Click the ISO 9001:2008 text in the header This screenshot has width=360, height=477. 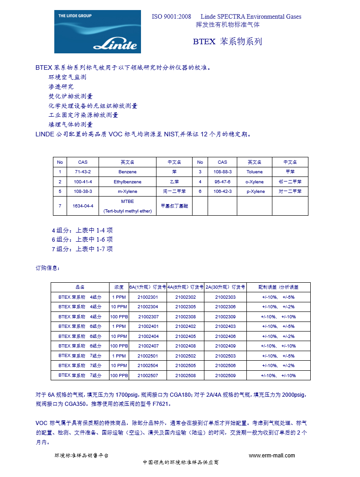(x=171, y=17)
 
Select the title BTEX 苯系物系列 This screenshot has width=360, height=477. (x=227, y=41)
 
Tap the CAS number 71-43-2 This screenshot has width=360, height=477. (x=83, y=172)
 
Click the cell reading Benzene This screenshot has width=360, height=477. (x=127, y=172)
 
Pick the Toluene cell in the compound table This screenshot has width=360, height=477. (x=255, y=172)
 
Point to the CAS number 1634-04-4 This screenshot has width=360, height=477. (x=83, y=206)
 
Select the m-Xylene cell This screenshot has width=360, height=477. (x=127, y=192)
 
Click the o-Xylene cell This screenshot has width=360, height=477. (x=255, y=181)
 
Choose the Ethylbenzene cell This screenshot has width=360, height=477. (x=127, y=181)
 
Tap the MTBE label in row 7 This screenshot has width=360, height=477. (x=127, y=201)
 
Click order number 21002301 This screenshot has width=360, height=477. (x=148, y=297)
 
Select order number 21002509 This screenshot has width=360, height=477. (x=225, y=375)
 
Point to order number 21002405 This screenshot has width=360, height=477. (x=186, y=336)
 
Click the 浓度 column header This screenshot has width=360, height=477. (x=119, y=287)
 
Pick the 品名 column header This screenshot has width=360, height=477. (x=80, y=287)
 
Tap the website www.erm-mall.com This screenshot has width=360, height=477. (x=271, y=456)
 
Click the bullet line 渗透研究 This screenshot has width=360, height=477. (x=61, y=87)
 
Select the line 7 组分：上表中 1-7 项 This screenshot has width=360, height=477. (x=82, y=249)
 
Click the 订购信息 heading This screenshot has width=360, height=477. (x=47, y=268)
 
